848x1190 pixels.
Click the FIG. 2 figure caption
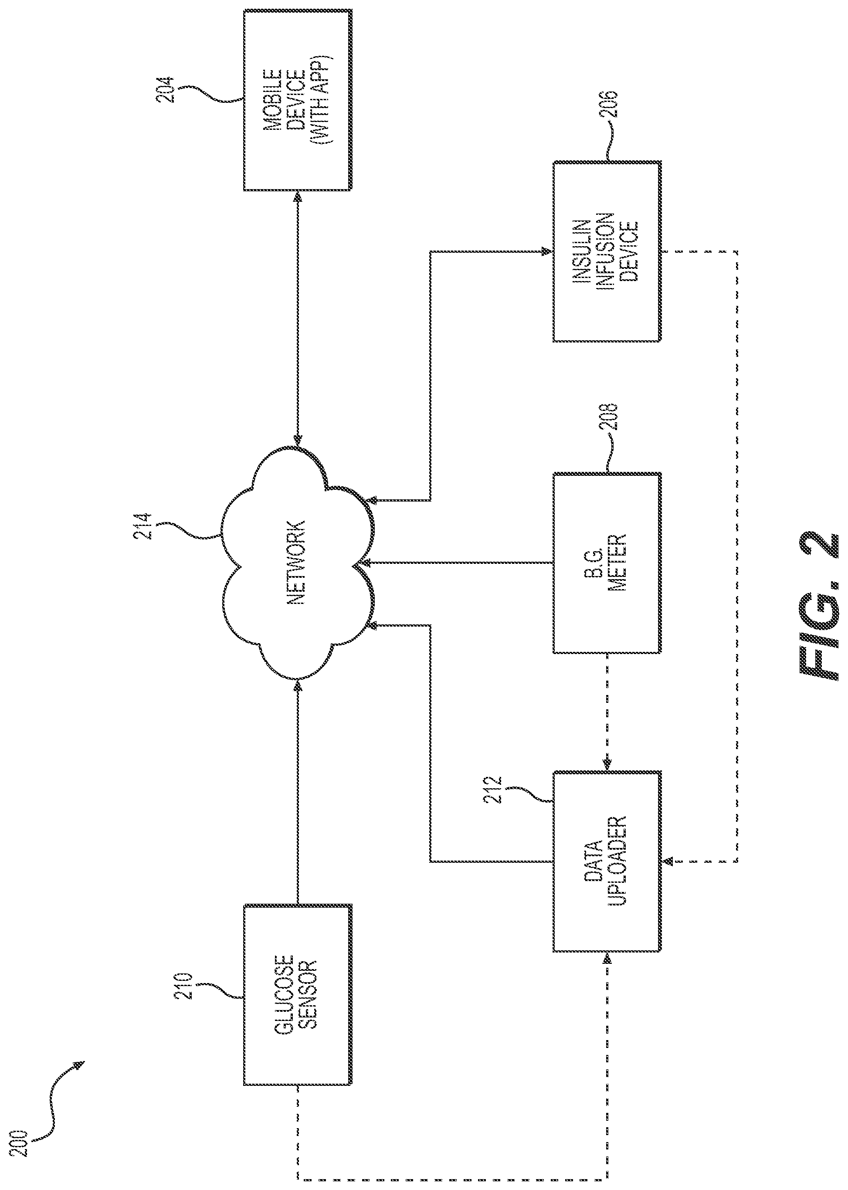coord(819,606)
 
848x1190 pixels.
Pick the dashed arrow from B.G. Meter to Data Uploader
coord(607,712)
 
